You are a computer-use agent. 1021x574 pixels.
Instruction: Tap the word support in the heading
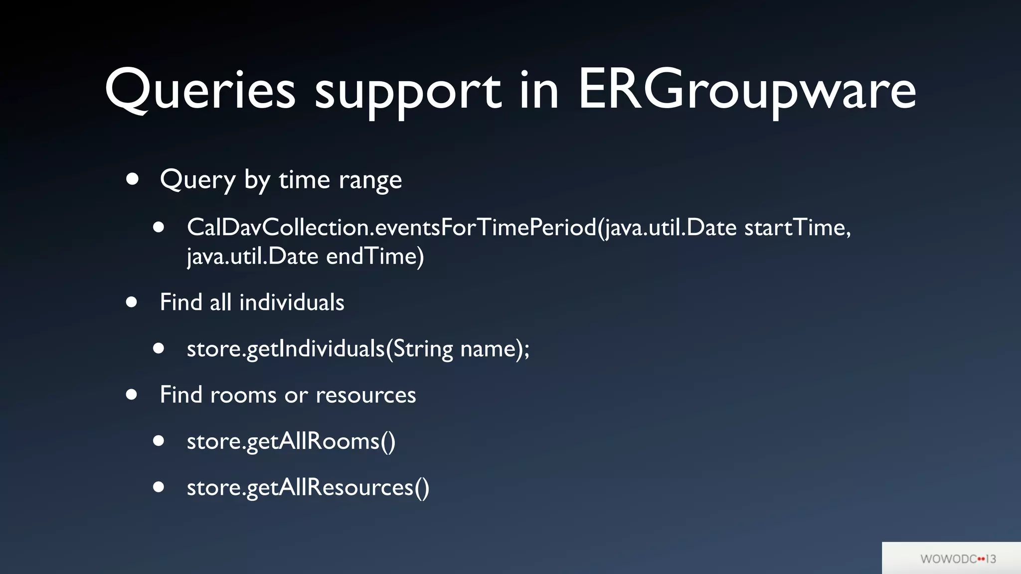407,92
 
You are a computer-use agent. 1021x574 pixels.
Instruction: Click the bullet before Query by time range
132,179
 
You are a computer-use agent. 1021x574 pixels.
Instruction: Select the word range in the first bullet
370,180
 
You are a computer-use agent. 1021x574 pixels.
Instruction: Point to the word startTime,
797,228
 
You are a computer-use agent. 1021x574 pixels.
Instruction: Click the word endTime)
375,257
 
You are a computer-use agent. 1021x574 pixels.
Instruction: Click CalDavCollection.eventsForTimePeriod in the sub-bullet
391,228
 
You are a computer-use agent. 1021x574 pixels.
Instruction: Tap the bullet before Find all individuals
132,301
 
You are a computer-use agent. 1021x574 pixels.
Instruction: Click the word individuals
292,302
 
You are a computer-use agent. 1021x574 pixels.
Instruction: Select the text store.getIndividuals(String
320,349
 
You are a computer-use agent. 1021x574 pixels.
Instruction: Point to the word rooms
243,395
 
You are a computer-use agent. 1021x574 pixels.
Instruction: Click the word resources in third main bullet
365,395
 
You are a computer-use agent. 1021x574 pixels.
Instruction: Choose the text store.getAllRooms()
291,441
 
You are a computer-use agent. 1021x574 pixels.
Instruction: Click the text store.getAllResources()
308,487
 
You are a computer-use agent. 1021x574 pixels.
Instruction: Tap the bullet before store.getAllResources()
159,487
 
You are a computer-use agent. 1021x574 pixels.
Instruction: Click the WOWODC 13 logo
958,559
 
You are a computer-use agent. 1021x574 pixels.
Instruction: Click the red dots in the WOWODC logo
981,559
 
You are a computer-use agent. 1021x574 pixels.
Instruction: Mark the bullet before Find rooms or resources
132,395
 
